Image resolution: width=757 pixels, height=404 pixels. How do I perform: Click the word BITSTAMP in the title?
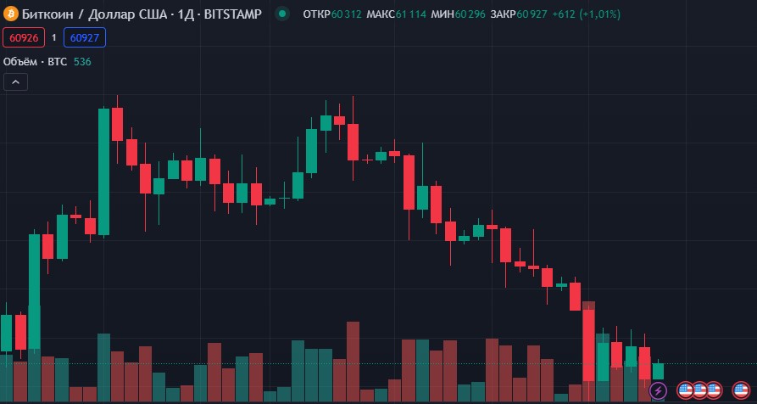coord(234,14)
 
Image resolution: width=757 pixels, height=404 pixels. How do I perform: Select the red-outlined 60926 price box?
coord(24,37)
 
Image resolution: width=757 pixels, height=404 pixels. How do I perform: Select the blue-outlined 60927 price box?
coord(84,37)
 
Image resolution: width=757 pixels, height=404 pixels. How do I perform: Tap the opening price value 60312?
coord(347,14)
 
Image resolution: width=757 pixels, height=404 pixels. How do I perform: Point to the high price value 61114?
coord(411,14)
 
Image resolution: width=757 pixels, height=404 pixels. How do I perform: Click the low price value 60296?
coord(470,14)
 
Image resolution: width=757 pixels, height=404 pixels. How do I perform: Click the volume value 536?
coord(82,61)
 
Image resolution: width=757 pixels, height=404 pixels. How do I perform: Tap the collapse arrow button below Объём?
coord(16,82)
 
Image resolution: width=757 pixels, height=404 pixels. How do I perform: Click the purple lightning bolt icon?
coord(658,390)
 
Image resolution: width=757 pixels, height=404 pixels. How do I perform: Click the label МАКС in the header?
coord(380,14)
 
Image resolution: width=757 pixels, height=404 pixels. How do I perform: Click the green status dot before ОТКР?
coord(282,14)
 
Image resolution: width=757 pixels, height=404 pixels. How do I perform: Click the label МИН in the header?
coord(442,14)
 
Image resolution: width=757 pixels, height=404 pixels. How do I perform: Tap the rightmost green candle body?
coord(658,371)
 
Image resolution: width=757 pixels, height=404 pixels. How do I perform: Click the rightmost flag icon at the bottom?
coord(740,390)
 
